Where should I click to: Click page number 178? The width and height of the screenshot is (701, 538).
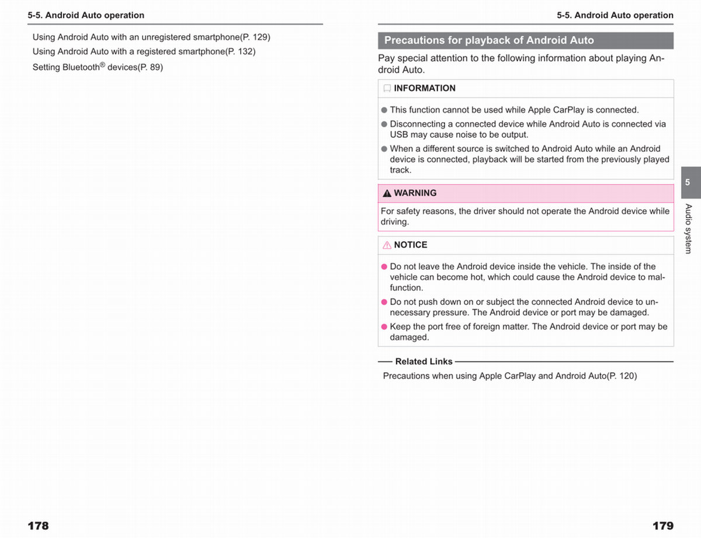coord(38,526)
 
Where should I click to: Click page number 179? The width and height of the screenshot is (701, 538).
coord(662,526)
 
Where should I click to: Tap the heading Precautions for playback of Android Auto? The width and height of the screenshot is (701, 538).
coord(489,40)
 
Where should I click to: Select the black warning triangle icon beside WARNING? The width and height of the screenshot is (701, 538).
coord(387,193)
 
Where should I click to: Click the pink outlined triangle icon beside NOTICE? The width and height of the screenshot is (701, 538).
coord(387,245)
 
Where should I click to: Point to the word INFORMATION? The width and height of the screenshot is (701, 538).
coord(424,88)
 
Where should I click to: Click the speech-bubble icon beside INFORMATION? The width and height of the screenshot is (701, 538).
coord(387,89)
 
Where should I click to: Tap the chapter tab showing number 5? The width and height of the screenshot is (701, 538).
coord(688,182)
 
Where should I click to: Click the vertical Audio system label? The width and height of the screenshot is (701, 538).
coord(688,228)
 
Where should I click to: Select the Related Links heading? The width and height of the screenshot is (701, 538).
coord(424,362)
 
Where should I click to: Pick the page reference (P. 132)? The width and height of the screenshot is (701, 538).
coord(241,51)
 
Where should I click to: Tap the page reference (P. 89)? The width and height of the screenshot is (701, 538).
coord(150,67)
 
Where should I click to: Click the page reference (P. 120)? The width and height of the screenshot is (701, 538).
coord(622,376)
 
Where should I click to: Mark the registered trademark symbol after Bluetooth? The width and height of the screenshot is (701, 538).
coord(103,64)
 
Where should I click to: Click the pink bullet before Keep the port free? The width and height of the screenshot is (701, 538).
coord(384,327)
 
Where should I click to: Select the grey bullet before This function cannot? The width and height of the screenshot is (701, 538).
coord(384,110)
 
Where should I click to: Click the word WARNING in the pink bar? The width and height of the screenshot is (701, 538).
coord(415,193)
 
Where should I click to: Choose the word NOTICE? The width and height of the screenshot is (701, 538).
coord(410,245)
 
